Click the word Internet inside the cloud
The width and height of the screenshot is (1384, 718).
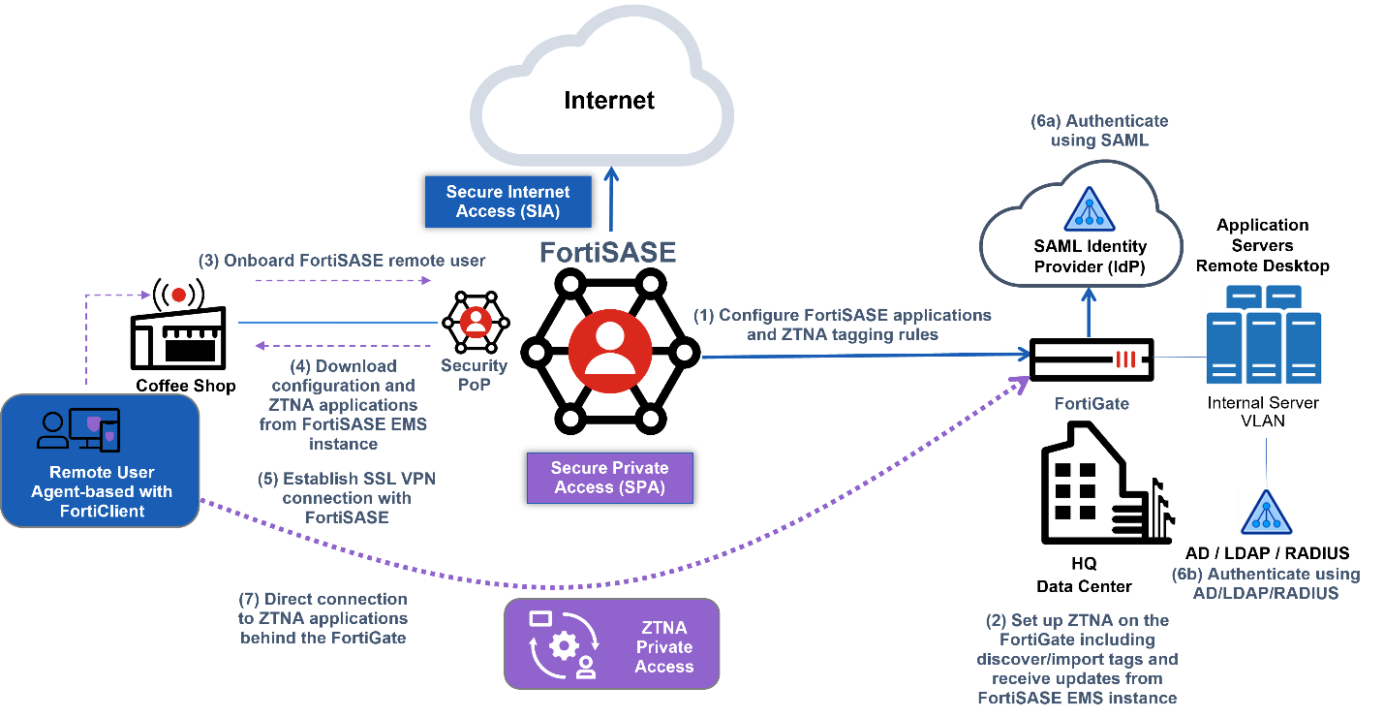[609, 100]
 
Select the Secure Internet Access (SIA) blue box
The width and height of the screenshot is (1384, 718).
[507, 202]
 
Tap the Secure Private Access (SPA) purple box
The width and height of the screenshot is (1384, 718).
[609, 477]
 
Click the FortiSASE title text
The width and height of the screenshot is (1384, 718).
[606, 252]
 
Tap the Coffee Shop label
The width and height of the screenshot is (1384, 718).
[185, 386]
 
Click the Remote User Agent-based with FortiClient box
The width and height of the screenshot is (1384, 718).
[101, 461]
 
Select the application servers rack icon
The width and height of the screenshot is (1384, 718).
[1263, 334]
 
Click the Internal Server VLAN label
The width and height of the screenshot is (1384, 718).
[1263, 411]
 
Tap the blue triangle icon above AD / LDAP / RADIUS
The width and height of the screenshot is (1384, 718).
[1266, 514]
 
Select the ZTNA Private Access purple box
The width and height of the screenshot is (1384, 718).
[611, 643]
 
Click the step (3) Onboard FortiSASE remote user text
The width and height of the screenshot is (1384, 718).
[342, 261]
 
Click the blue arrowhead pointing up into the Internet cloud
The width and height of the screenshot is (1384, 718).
[610, 175]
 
